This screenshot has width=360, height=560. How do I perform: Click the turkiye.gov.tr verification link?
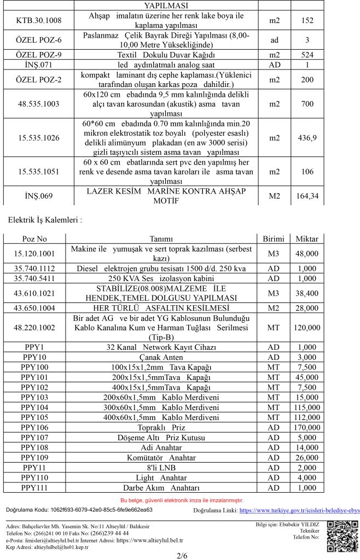pyautogui.click(x=299, y=510)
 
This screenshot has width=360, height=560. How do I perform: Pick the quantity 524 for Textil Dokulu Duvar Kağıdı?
pyautogui.click(x=307, y=55)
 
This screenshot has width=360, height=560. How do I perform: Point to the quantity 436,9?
pyautogui.click(x=307, y=138)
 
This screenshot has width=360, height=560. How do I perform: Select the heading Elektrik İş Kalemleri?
pyautogui.click(x=45, y=220)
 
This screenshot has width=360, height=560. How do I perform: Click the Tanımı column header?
pyautogui.click(x=161, y=239)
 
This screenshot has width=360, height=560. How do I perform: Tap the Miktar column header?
pyautogui.click(x=307, y=239)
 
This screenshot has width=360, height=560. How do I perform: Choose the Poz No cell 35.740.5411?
pyautogui.click(x=38, y=278)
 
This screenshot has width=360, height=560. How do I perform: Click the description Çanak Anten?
pyautogui.click(x=161, y=357)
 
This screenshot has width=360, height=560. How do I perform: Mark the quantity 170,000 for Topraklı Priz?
pyautogui.click(x=307, y=427)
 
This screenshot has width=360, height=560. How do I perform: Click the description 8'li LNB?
pyautogui.click(x=161, y=468)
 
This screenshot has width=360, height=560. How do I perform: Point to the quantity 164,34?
pyautogui.click(x=307, y=195)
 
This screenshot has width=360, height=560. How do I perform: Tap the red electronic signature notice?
pyautogui.click(x=182, y=500)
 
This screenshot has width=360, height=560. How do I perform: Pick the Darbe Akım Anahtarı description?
pyautogui.click(x=161, y=488)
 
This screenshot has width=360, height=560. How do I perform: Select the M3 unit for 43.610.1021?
pyautogui.click(x=274, y=293)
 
